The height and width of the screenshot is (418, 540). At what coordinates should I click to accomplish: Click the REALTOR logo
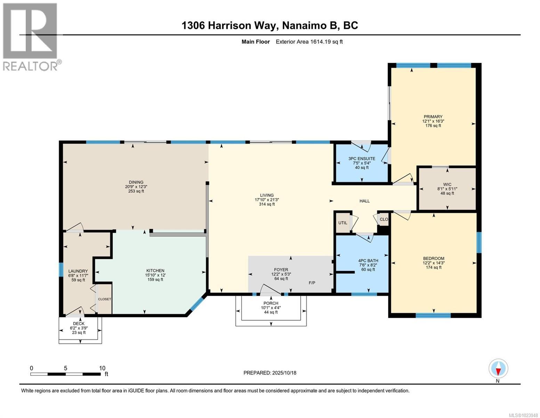coord(30,36)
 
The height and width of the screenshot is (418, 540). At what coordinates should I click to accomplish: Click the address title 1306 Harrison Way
coord(269,25)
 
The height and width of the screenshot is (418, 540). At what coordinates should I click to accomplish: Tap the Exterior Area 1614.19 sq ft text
coord(309,42)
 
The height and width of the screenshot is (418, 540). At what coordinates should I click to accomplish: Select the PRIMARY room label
coord(433,117)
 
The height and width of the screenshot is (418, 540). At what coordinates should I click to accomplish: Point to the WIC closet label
coord(447,184)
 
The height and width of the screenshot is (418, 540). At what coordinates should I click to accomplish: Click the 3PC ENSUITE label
coord(362,158)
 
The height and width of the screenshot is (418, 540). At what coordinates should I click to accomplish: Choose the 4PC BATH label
coord(368,261)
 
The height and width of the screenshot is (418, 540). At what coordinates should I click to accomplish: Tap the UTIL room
coord(342,223)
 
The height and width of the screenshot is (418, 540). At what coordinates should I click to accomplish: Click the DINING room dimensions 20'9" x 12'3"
coord(136,187)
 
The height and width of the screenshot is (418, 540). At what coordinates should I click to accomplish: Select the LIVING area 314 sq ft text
coord(267,204)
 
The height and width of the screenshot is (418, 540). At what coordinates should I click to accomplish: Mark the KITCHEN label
coord(155,271)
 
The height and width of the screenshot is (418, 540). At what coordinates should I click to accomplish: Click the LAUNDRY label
coord(78,271)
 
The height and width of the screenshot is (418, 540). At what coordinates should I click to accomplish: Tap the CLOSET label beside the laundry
coord(104,299)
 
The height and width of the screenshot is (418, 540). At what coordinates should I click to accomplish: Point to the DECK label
coord(79,324)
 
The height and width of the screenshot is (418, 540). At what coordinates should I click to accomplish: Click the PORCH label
coord(271,303)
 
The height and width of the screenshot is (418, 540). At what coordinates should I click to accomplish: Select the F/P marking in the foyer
coord(312,282)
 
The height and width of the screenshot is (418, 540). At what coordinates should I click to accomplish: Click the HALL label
coord(364,201)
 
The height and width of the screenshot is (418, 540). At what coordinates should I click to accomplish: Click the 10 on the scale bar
coord(102,368)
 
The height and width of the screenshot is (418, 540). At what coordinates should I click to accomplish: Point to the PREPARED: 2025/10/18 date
coord(270,373)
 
